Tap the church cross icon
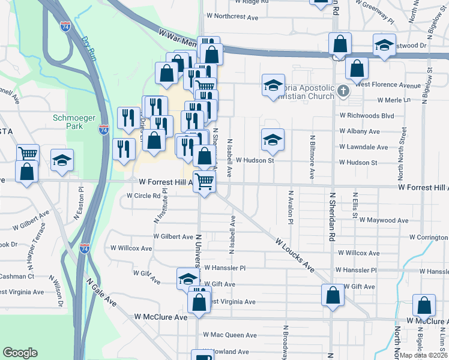343,92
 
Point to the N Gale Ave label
101,292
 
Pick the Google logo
20,353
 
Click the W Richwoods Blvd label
366,115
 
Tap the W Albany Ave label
359,131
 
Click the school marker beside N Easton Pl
62,160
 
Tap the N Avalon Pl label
291,208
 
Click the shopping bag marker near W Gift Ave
333,295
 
